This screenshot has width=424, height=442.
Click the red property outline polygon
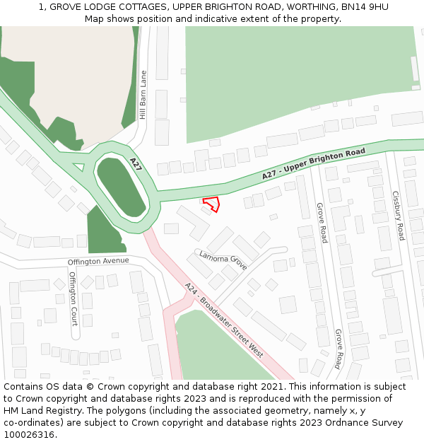tap(211, 204)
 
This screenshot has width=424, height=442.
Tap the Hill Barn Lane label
tap(143, 94)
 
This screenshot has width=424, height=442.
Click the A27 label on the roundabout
tap(136, 165)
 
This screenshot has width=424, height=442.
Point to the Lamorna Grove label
tap(223, 260)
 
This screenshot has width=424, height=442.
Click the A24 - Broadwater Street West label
tap(223, 320)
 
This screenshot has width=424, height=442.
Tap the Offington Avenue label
tap(98, 261)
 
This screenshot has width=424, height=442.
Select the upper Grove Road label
tap(322, 223)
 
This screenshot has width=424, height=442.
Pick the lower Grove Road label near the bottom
tap(338, 349)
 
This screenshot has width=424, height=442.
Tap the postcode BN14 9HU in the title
tap(365, 6)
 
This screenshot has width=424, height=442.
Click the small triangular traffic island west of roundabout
tap(78, 168)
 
